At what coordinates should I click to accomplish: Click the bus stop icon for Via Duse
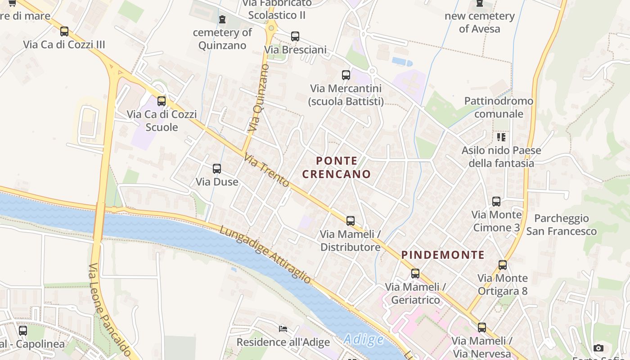coord(217,169)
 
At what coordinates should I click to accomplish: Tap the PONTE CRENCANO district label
coord(337,167)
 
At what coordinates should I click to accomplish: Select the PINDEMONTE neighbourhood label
coord(443,255)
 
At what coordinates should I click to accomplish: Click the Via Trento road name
coord(266,171)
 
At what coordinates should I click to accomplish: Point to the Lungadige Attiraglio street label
coord(265,255)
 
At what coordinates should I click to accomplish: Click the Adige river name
coord(364,339)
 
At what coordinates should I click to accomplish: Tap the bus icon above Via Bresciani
coord(295,36)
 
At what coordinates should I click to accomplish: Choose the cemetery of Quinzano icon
coord(222,19)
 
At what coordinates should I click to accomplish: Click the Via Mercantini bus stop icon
coord(346,75)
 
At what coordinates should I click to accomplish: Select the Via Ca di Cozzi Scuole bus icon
coord(162,101)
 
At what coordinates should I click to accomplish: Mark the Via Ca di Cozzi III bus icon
coord(64,31)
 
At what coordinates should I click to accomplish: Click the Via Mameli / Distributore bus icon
coord(351,221)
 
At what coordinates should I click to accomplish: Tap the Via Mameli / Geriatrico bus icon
coord(415,274)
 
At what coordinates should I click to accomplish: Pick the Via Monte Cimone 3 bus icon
coord(496,202)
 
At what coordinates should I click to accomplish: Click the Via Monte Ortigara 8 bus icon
coord(503,265)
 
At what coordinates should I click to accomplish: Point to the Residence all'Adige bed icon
coord(283,329)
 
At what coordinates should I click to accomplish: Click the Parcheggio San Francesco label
coord(561,225)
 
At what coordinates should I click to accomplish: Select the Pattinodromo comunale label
coord(499,107)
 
